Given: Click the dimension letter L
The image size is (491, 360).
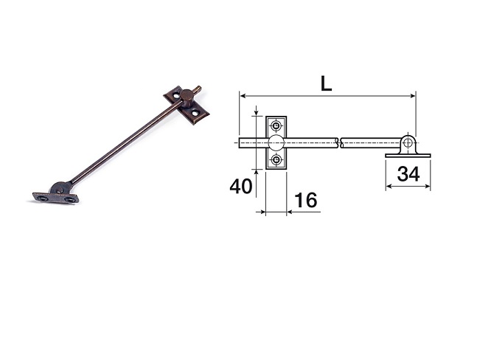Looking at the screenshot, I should pyautogui.click(x=326, y=83).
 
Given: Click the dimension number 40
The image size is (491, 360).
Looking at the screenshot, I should pyautogui.click(x=240, y=186).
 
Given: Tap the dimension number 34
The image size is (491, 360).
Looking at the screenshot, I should pyautogui.click(x=408, y=175).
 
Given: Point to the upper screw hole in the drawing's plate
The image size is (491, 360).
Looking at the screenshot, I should pyautogui.click(x=276, y=125).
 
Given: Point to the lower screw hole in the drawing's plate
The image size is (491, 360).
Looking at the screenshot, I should pyautogui.click(x=276, y=159).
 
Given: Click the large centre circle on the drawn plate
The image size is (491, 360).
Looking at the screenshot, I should pyautogui.click(x=276, y=142).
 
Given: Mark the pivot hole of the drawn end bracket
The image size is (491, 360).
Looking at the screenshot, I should pyautogui.click(x=408, y=142).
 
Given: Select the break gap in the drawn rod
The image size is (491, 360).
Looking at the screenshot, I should pyautogui.click(x=339, y=142).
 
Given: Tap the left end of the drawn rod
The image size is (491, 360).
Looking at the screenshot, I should pyautogui.click(x=241, y=142).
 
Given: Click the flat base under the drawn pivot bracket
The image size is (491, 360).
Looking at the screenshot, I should pyautogui.click(x=408, y=155).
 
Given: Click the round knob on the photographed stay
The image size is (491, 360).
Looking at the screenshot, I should pyautogui.click(x=187, y=95).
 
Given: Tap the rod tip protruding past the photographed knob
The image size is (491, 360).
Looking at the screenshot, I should pyautogui.click(x=198, y=91).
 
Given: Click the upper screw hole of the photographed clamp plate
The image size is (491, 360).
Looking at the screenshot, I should pyautogui.click(x=176, y=94).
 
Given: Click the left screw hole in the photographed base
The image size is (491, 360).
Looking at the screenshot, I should pyautogui.click(x=43, y=197).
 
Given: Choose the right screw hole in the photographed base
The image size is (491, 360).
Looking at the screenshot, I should pyautogui.click(x=69, y=199).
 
